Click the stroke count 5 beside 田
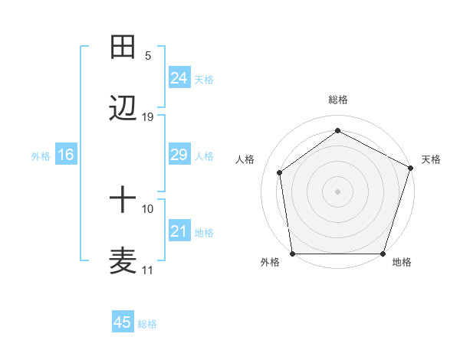point(148,55)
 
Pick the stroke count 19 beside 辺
point(148,116)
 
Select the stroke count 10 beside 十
point(148,208)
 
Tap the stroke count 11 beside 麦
point(148,270)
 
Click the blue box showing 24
point(179,78)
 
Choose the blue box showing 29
point(179,155)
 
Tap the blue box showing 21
point(179,231)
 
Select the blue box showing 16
point(65,155)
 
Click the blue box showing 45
point(122,322)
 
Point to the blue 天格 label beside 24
point(204,79)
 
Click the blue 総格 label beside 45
point(147,323)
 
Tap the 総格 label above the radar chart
point(338,100)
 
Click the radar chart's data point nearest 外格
point(293,254)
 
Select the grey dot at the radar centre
point(338,191)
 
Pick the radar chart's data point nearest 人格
point(280,172)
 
